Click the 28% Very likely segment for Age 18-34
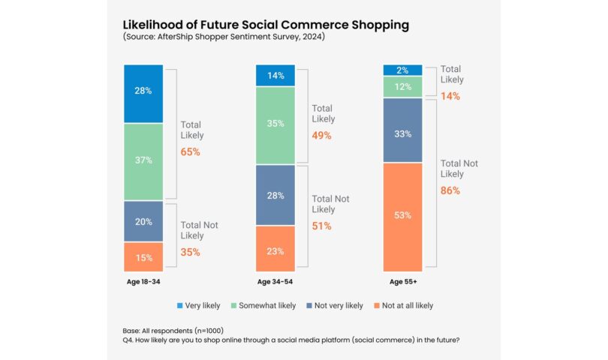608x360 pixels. click(143, 91)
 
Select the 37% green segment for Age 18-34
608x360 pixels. click(143, 160)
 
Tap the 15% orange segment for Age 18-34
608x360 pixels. click(143, 257)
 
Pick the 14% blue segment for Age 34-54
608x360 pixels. click(275, 75)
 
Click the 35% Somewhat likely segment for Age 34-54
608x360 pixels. click(275, 124)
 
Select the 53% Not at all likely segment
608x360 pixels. click(402, 217)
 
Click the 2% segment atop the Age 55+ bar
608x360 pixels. click(402, 70)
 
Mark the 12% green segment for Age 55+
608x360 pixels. click(402, 87)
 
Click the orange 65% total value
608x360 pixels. click(191, 151)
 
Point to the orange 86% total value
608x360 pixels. click(450, 190)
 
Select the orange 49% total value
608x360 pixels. click(322, 136)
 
